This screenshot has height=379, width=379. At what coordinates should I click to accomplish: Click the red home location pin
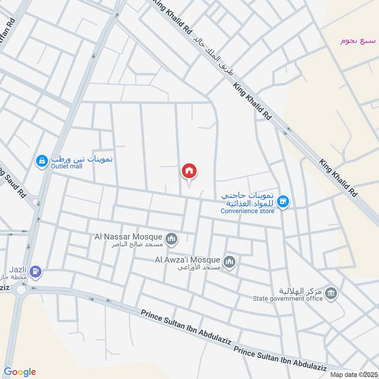(189, 171)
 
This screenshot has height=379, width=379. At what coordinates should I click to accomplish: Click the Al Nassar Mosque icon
(171, 237)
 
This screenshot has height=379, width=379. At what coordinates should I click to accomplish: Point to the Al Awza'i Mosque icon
(230, 261)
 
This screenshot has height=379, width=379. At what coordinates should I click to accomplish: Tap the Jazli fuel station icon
(36, 271)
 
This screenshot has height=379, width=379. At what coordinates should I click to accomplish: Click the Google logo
(19, 371)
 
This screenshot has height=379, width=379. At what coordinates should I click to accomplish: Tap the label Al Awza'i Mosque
(188, 260)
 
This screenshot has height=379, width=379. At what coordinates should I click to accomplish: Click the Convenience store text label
(247, 211)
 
